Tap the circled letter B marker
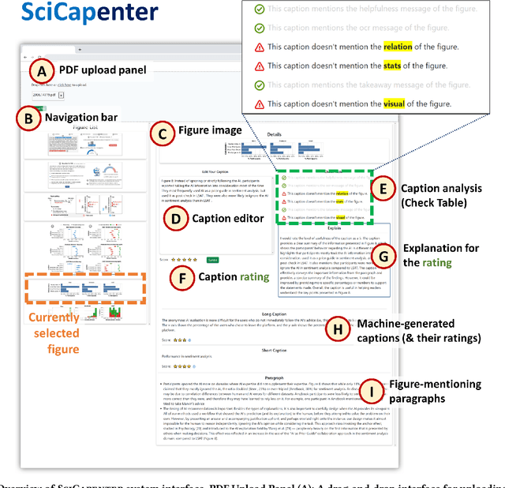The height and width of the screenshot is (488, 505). click(29, 119)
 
